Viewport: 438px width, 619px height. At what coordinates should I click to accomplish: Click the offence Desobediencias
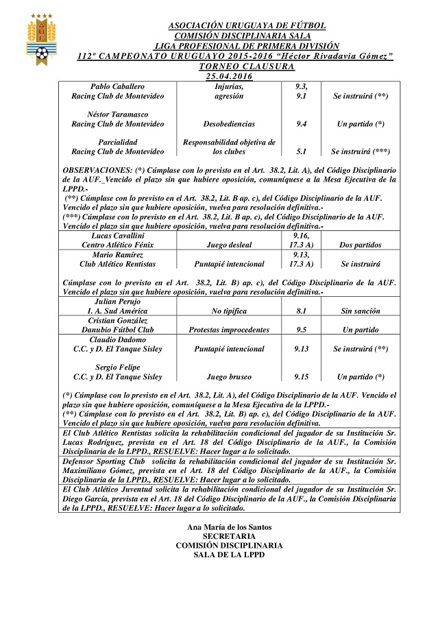click(x=229, y=124)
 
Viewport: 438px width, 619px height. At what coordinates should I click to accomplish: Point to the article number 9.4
click(x=300, y=124)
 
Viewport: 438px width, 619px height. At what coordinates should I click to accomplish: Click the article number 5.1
click(x=300, y=151)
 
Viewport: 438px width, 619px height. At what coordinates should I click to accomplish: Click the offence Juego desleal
click(x=229, y=245)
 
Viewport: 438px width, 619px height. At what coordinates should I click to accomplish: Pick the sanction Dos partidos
click(x=360, y=245)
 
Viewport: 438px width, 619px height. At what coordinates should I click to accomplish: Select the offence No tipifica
click(x=229, y=311)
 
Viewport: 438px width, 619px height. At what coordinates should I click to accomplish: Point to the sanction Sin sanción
click(x=360, y=311)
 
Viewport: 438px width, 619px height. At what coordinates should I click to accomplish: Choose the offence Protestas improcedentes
click(x=229, y=330)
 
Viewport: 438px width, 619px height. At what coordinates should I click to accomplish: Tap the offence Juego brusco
click(x=229, y=376)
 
